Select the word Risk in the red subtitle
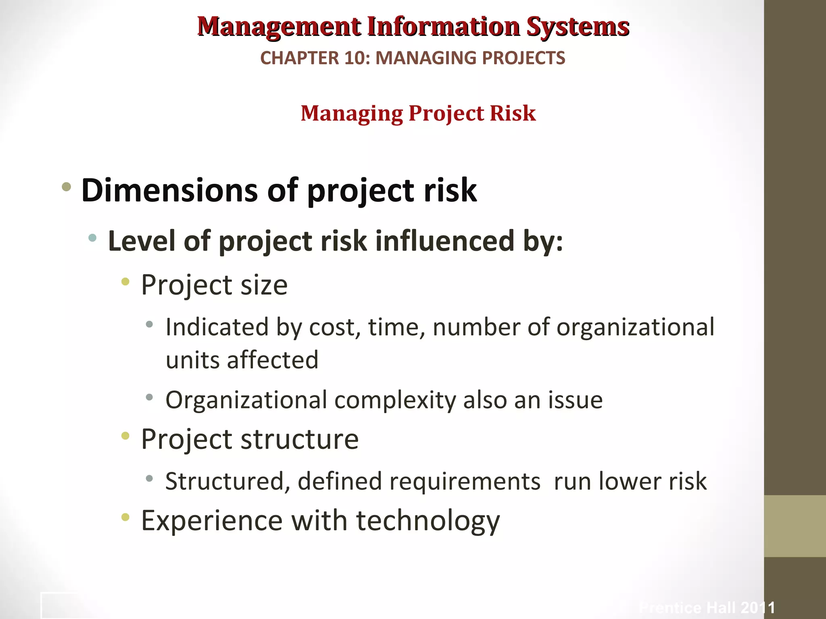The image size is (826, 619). pyautogui.click(x=513, y=113)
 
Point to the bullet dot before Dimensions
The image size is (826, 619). pyautogui.click(x=67, y=187)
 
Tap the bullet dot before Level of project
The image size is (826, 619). pyautogui.click(x=92, y=238)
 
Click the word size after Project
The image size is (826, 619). pyautogui.click(x=264, y=285)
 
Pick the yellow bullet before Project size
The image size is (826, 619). pyautogui.click(x=125, y=282)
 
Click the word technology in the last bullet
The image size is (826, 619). pyautogui.click(x=428, y=521)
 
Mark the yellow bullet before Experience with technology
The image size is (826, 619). pyautogui.click(x=125, y=517)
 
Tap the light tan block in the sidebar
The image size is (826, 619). pyautogui.click(x=795, y=526)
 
